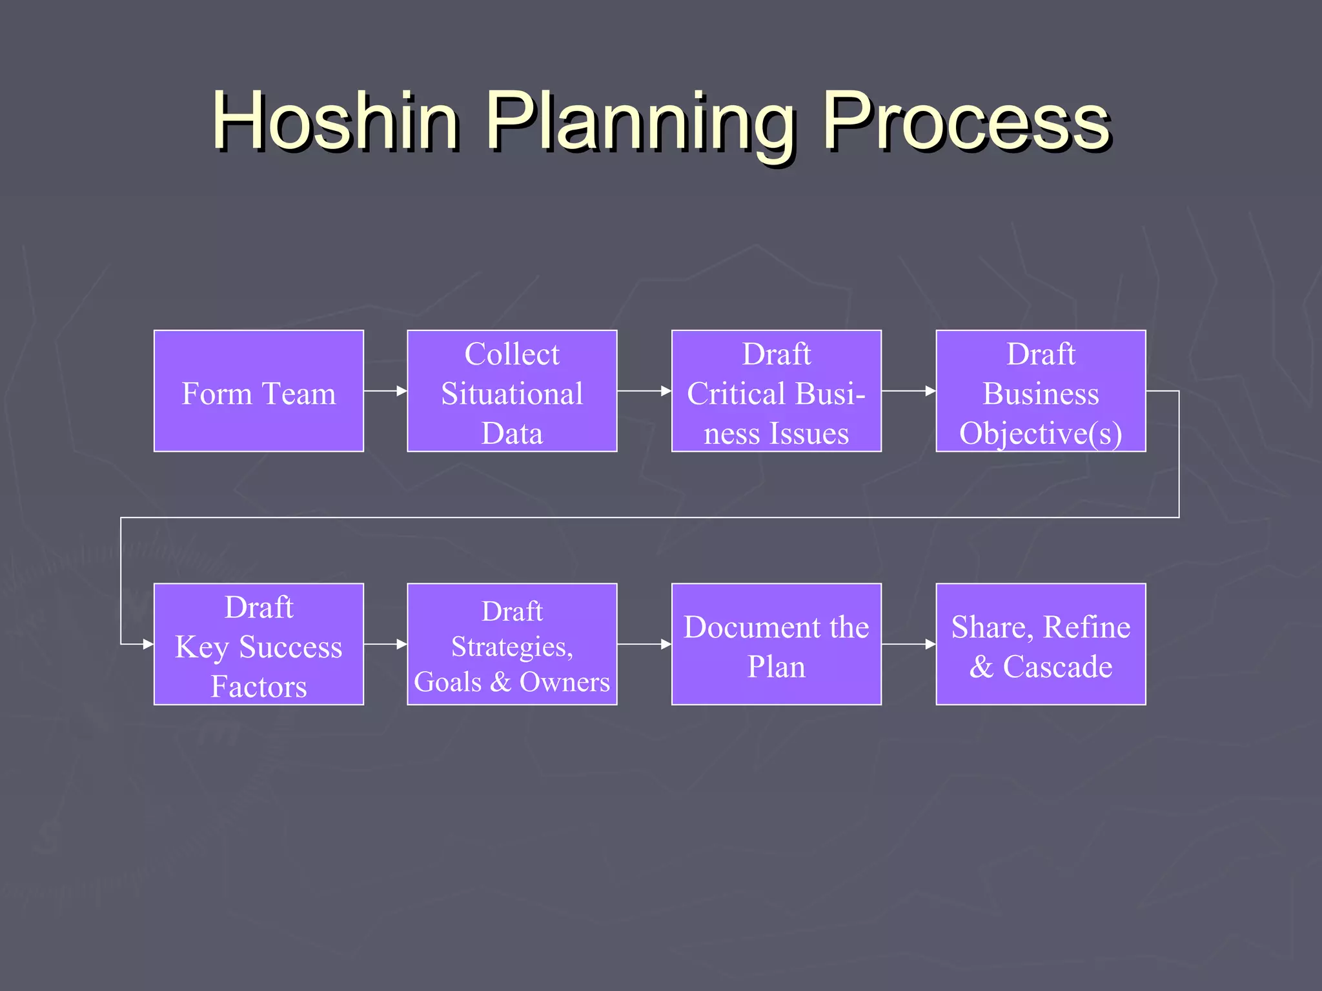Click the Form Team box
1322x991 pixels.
[x=258, y=391]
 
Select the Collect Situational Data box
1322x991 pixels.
[x=512, y=391]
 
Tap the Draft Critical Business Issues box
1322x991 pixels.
[x=776, y=391]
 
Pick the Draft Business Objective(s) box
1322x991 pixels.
[x=1041, y=391]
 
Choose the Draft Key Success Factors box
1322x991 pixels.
[x=258, y=644]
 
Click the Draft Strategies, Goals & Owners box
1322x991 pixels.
[x=512, y=644]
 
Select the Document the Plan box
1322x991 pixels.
[x=776, y=644]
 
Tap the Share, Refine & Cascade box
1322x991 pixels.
[x=1041, y=644]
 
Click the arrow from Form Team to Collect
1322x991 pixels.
[x=385, y=391]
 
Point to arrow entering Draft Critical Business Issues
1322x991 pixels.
[x=644, y=391]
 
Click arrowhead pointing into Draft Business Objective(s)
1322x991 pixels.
[x=930, y=391]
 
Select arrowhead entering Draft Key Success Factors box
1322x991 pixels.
[x=148, y=644]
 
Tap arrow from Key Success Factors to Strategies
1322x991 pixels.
[x=385, y=644]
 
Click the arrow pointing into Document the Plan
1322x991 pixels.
[x=644, y=644]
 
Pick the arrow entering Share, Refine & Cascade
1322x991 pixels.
[x=909, y=644]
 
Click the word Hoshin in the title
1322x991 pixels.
[x=336, y=121]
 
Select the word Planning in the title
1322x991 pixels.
[x=639, y=123]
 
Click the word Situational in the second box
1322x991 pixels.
[x=512, y=394]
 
